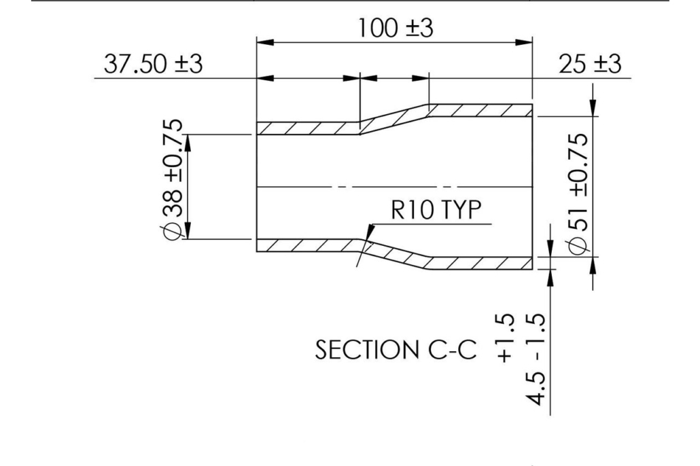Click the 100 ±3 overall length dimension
pos(396,28)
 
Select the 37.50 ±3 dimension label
pos(153,63)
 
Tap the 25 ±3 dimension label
pos(590,64)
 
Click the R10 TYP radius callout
pos(436,209)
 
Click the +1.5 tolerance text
pos(505,338)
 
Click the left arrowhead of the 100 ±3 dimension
pos(265,42)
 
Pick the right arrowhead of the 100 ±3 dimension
pos(523,42)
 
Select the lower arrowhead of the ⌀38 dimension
pos(188,230)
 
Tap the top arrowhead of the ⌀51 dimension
pos(593,107)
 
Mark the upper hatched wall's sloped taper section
pos(394,119)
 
